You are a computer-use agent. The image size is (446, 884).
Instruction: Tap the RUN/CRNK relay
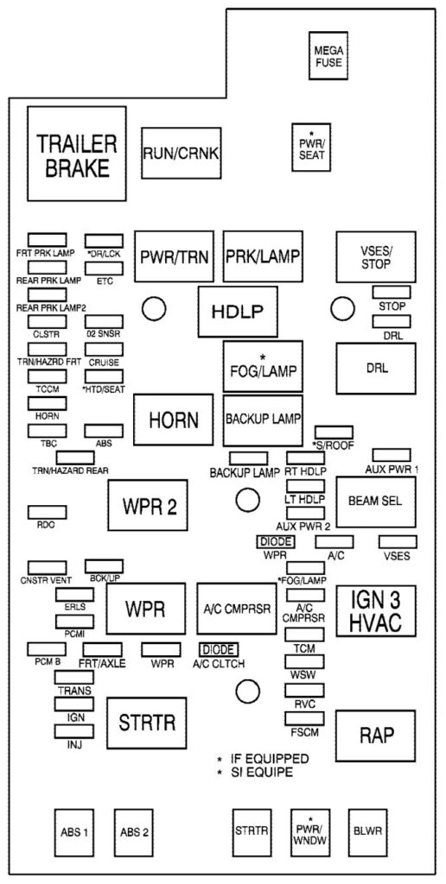[180, 154]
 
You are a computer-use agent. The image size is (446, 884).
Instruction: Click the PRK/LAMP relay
[262, 256]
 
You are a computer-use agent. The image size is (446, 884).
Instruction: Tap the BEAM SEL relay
[374, 500]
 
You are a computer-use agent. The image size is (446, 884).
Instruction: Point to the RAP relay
[376, 735]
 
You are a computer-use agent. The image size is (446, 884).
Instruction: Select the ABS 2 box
[134, 831]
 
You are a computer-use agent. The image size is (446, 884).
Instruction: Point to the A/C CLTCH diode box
[218, 649]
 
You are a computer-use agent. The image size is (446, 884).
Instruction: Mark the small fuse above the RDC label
[47, 513]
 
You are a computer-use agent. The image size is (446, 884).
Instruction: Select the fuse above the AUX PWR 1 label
[391, 455]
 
